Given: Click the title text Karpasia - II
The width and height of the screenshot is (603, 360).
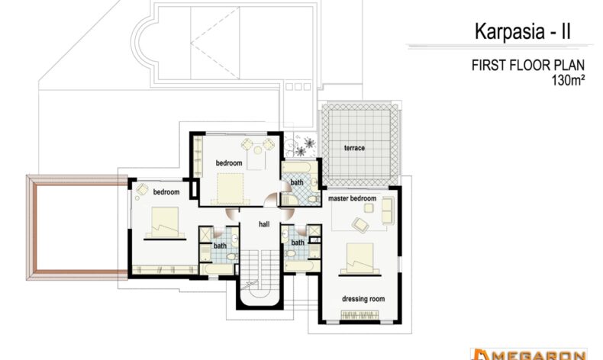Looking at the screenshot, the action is [x=523, y=31].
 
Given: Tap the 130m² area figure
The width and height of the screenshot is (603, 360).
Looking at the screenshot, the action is [x=568, y=80].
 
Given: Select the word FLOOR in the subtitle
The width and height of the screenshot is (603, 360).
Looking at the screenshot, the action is [x=531, y=66].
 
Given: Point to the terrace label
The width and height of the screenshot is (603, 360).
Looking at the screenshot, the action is [x=354, y=148].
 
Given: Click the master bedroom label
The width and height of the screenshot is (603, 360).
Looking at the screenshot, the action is [x=353, y=198].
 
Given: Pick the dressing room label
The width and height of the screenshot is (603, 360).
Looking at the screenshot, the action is [x=363, y=299].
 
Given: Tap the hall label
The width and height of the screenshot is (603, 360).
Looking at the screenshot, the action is [x=264, y=224].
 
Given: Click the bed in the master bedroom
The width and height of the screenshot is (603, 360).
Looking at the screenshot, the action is [x=360, y=259].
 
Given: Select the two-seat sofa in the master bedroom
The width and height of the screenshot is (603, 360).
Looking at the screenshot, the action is [x=388, y=211].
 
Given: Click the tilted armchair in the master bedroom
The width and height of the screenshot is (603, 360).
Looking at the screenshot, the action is [x=360, y=224].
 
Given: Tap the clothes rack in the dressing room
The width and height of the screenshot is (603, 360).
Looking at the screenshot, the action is [x=360, y=315].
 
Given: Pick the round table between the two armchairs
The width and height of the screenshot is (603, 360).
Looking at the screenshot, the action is [x=258, y=149].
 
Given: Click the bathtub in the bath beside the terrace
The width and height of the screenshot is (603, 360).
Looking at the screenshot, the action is [x=297, y=167].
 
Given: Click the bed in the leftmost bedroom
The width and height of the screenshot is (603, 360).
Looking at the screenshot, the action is [x=165, y=223].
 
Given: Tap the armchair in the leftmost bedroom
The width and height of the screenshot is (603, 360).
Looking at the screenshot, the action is [x=142, y=189].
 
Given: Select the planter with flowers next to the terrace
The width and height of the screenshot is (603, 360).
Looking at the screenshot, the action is [x=300, y=145].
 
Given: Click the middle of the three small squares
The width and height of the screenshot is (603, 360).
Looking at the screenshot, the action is [x=298, y=87].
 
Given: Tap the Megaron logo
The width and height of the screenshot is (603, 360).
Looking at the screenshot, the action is [x=529, y=354].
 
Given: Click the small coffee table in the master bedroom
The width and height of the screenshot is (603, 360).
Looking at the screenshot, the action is [x=369, y=208].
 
